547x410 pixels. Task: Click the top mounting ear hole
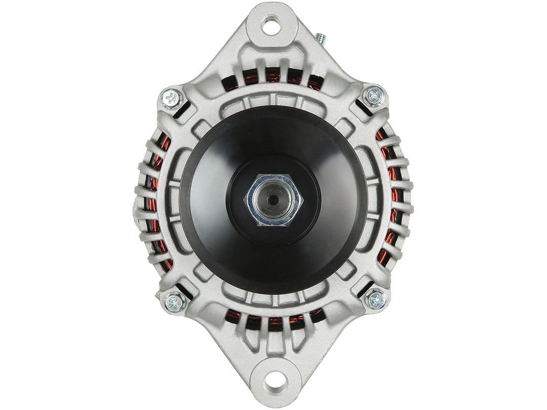pos(271,26)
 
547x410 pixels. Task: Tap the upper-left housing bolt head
pos(171,98)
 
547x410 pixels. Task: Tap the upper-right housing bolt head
pos(374,95)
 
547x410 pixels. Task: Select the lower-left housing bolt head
pos(173,302)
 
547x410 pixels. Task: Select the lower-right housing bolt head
pos(376,299)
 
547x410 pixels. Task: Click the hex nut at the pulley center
pos(273,199)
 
